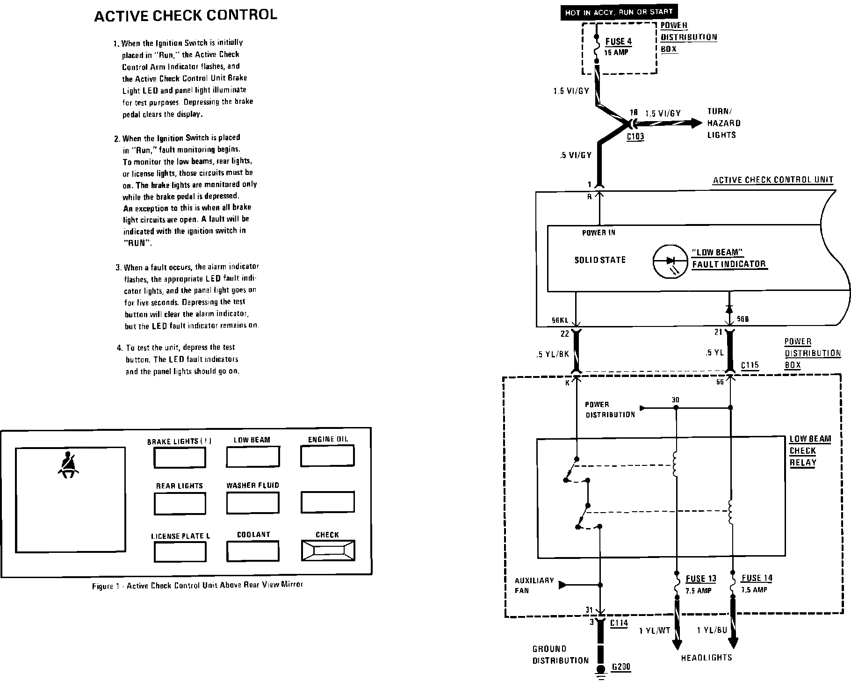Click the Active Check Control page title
[x=186, y=15]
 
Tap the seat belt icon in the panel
[x=69, y=464]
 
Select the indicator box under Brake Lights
[x=180, y=458]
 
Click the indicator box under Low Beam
[x=252, y=457]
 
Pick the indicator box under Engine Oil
[x=327, y=456]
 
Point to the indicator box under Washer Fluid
[x=252, y=503]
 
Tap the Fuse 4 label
[x=618, y=42]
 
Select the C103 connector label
[x=635, y=137]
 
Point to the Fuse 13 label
[x=700, y=579]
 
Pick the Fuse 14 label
[x=757, y=579]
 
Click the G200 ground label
[x=621, y=667]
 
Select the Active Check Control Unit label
[x=773, y=180]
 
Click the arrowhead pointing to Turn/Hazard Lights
[x=695, y=123]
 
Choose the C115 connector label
[x=750, y=365]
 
